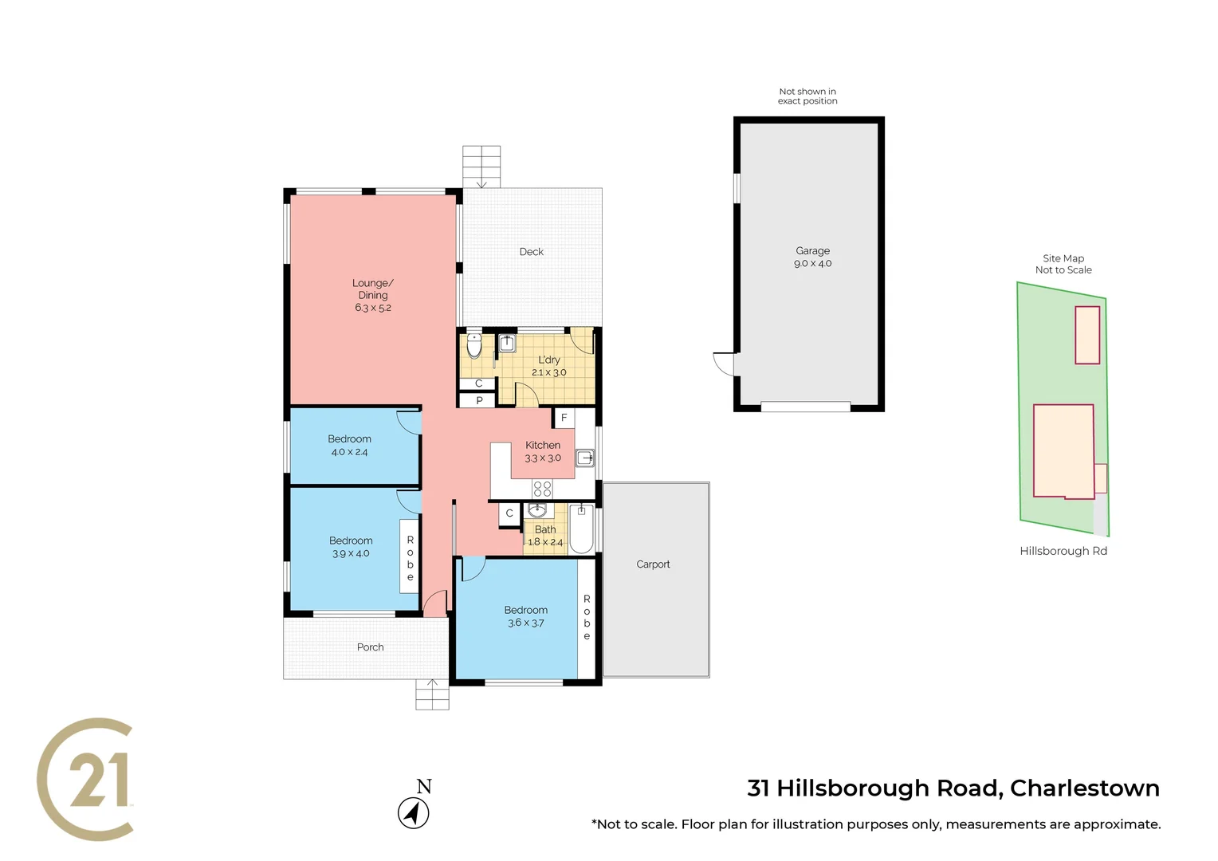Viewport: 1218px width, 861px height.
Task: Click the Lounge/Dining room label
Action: click(372, 295)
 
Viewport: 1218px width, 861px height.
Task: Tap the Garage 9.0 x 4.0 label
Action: click(812, 257)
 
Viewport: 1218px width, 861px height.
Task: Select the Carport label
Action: click(653, 564)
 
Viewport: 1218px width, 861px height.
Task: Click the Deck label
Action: click(531, 252)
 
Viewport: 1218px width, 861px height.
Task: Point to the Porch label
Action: click(370, 647)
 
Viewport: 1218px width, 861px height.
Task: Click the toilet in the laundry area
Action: click(474, 346)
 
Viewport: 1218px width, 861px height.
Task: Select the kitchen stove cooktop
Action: click(542, 489)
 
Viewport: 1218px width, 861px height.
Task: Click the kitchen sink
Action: click(585, 458)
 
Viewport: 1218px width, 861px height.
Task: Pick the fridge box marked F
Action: click(564, 418)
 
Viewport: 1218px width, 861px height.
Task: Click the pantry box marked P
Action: click(479, 400)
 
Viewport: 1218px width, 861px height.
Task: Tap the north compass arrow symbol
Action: click(413, 813)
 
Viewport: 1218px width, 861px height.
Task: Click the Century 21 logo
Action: click(86, 779)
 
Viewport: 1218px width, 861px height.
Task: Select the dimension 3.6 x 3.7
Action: click(526, 623)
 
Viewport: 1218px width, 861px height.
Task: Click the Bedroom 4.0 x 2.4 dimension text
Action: click(349, 452)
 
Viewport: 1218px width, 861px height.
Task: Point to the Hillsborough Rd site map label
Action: click(1063, 551)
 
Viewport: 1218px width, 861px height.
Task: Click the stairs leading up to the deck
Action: click(481, 167)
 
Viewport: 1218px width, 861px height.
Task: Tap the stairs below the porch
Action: click(432, 694)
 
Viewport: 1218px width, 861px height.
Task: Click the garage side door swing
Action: click(724, 364)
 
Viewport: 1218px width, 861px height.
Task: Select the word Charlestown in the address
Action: click(1084, 788)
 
